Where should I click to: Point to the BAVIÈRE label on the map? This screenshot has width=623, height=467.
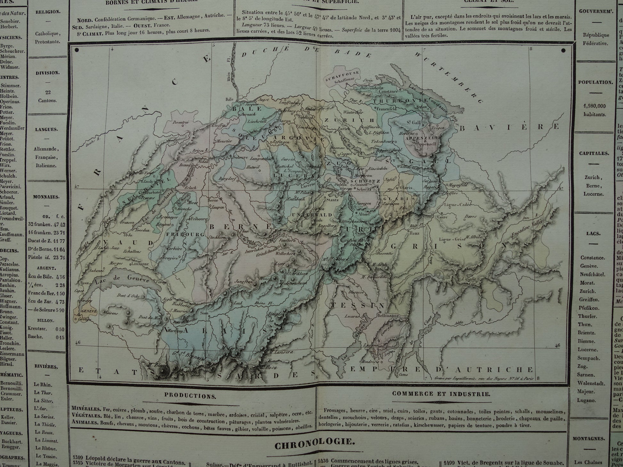pyautogui.click(x=509, y=127)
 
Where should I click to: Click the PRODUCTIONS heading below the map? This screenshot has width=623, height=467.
pyautogui.click(x=190, y=396)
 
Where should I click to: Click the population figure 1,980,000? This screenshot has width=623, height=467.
pyautogui.click(x=594, y=106)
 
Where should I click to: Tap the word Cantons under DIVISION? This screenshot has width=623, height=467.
pyautogui.click(x=47, y=100)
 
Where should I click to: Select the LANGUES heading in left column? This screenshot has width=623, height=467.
pyautogui.click(x=47, y=130)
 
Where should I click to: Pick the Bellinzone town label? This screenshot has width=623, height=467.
pyautogui.click(x=388, y=315)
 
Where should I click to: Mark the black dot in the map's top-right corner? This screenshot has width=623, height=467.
pyautogui.click(x=563, y=51)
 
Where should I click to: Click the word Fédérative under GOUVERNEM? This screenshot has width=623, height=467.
pyautogui.click(x=595, y=43)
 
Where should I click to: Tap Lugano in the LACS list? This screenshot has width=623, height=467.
pyautogui.click(x=587, y=400)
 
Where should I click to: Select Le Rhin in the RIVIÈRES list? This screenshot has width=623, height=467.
pyautogui.click(x=42, y=385)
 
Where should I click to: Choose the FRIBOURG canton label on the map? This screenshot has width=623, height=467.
pyautogui.click(x=185, y=234)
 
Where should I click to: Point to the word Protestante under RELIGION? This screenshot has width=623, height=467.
pyautogui.click(x=47, y=42)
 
